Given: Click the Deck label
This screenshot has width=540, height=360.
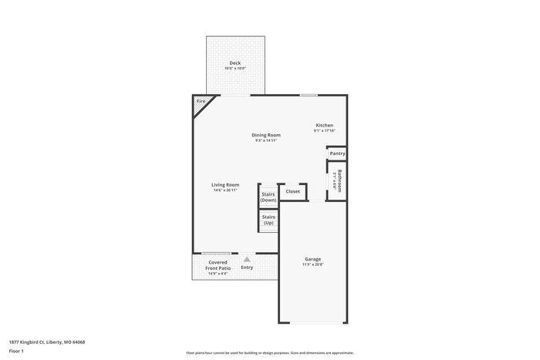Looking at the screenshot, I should [x=235, y=62].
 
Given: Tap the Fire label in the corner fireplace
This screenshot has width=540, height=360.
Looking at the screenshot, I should [x=201, y=102].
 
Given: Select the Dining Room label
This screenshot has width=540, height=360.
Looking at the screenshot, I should [x=265, y=135].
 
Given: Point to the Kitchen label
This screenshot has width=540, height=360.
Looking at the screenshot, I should [x=324, y=125].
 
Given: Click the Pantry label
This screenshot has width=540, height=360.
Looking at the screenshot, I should [x=337, y=153].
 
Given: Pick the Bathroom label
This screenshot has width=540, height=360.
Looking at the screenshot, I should [x=338, y=181].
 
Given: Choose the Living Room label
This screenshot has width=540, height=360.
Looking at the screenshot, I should [x=225, y=184].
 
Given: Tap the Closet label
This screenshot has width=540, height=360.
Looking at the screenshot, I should [x=293, y=191].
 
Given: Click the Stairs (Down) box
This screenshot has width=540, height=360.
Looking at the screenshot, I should [x=268, y=197].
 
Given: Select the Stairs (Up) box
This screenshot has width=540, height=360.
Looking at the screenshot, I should [x=268, y=220].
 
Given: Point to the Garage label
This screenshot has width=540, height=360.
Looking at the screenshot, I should [x=312, y=259].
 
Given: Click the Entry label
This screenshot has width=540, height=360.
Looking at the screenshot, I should [x=247, y=267].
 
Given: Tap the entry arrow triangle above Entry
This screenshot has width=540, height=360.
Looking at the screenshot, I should [x=247, y=260].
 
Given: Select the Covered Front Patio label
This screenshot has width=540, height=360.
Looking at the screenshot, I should [x=218, y=265].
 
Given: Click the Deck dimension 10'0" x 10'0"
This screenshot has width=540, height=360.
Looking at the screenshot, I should [x=235, y=69].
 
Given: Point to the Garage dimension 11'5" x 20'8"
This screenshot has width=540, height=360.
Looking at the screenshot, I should [x=312, y=265].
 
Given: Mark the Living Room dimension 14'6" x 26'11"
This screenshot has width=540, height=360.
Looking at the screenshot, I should [x=225, y=190].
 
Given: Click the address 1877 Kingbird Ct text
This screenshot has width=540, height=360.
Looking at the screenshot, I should [x=47, y=341].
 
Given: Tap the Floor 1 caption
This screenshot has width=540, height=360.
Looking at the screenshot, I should [x=16, y=351].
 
